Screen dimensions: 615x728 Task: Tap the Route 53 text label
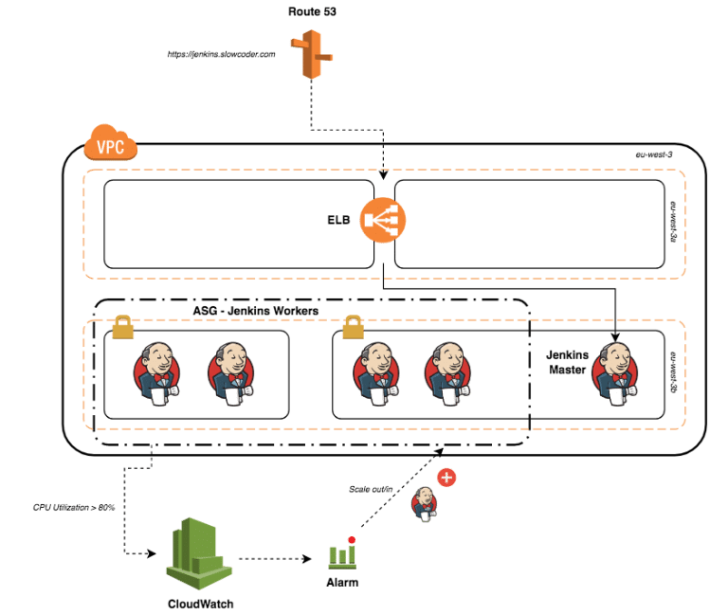(x=312, y=11)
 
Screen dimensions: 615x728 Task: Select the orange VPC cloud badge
(x=111, y=146)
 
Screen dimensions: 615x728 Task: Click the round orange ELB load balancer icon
(x=383, y=221)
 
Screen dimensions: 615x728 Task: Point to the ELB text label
(x=338, y=220)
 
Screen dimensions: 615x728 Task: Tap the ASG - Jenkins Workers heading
(x=255, y=311)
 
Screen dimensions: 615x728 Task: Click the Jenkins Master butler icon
(x=612, y=371)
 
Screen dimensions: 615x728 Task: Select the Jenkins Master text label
(x=567, y=362)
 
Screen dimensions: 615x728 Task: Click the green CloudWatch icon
(x=198, y=553)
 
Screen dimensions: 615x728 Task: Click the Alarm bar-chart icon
(x=341, y=552)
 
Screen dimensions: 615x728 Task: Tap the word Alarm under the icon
(x=341, y=582)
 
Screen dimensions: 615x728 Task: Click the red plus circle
(x=446, y=478)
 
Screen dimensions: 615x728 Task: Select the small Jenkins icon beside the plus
(x=425, y=504)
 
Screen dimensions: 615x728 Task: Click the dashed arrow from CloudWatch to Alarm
(x=275, y=558)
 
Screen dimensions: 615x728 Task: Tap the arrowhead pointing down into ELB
(x=383, y=174)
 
